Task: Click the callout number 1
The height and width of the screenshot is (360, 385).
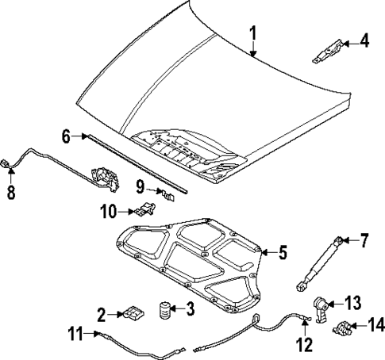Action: [252, 33]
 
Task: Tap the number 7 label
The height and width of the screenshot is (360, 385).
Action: [364, 239]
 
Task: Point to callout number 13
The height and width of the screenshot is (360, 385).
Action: [352, 302]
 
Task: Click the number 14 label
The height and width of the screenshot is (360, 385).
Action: [373, 325]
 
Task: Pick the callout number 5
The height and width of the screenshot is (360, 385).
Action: [282, 254]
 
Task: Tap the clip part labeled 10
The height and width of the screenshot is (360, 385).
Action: [143, 209]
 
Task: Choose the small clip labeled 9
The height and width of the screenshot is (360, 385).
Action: [164, 191]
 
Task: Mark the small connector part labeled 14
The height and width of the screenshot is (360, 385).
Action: [345, 326]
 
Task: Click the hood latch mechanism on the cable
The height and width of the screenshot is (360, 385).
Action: [103, 175]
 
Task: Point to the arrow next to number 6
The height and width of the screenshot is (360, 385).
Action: [85, 137]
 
